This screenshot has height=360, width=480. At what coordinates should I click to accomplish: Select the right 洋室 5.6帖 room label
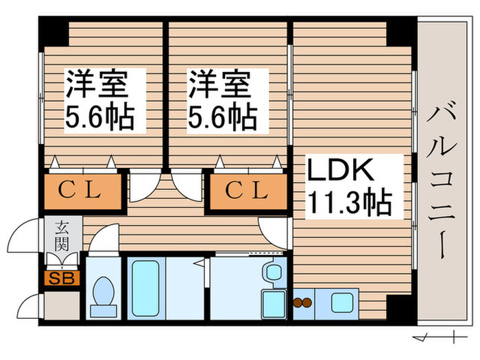(222, 100)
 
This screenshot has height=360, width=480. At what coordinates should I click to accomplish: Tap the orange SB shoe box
(62, 278)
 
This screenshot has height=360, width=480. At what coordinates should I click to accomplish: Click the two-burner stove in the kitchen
(302, 302)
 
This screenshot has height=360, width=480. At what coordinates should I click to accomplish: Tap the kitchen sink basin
(340, 302)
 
